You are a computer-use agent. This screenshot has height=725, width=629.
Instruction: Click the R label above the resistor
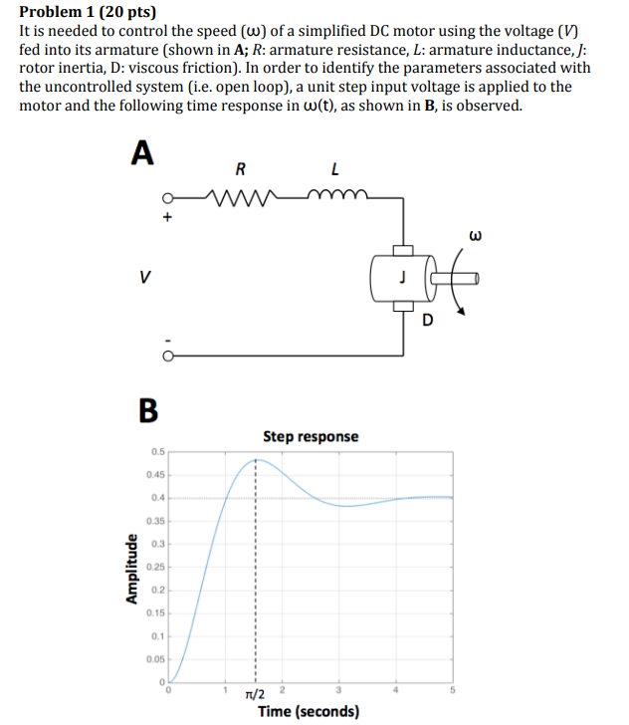[x=240, y=168]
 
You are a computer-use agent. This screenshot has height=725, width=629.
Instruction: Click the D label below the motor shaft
[x=428, y=321]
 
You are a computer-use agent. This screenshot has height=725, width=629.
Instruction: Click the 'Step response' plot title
[x=311, y=436]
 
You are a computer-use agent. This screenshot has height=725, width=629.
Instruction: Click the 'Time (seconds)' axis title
[x=310, y=711]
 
